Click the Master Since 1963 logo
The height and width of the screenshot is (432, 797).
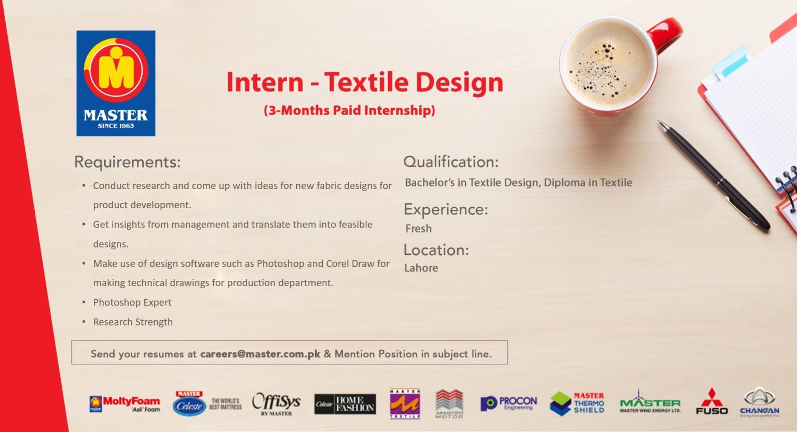pos(116,84)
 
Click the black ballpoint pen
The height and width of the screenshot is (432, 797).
pos(713,176)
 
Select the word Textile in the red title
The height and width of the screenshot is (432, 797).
pos(366,82)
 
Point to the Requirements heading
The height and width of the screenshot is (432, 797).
pos(127,162)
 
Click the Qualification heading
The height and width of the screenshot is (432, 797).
pos(451,162)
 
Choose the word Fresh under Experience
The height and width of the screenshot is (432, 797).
pos(418,228)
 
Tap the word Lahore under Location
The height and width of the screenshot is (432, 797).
pos(421,268)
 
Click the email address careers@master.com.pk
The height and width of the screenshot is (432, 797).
pos(260,354)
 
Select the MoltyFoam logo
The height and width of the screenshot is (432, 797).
pos(125,404)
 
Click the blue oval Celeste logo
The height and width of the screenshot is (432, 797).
pos(189,404)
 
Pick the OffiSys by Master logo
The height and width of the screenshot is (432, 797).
pos(277,404)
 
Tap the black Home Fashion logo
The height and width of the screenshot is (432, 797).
pos(345,404)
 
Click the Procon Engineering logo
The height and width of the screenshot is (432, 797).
pos(509,403)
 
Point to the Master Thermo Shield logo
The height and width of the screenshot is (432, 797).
pos(577,403)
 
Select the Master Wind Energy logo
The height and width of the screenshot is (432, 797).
pos(650,401)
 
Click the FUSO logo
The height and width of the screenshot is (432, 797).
pos(711,401)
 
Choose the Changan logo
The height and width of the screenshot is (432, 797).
pos(760,402)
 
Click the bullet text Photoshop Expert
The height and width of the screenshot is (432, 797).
pos(132,302)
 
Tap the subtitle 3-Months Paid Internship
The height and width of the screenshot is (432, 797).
pos(349,111)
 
